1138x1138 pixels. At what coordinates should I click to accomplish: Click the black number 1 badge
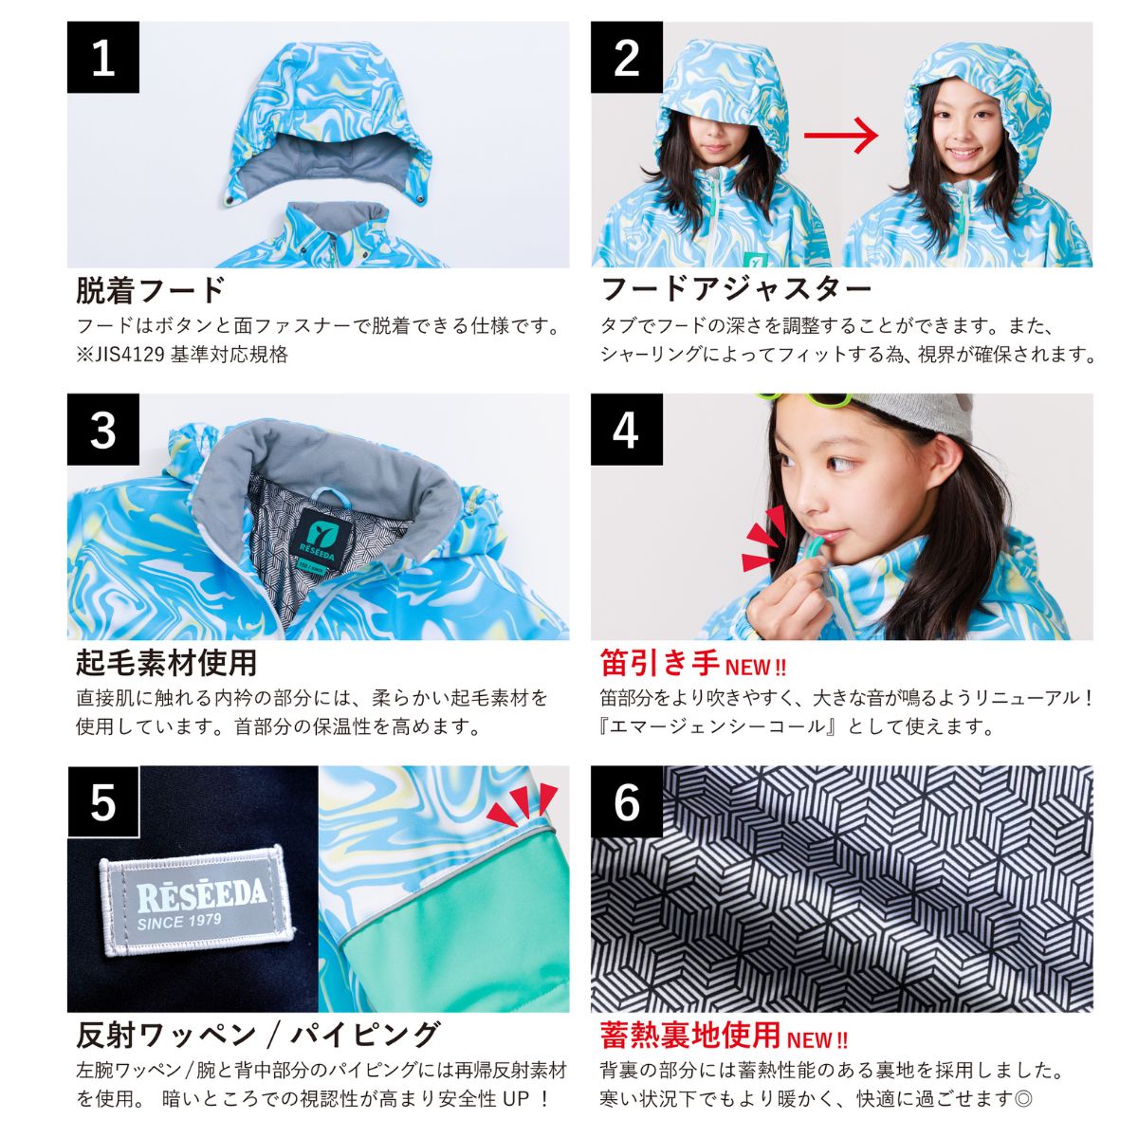(x=102, y=58)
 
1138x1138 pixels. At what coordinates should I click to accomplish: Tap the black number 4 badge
(x=626, y=430)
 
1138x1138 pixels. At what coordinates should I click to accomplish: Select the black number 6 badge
(x=626, y=801)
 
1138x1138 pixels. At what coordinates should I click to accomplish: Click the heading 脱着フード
(x=151, y=288)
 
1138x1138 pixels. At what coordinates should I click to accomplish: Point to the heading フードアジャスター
(x=736, y=288)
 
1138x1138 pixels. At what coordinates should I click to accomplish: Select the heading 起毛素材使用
(x=166, y=661)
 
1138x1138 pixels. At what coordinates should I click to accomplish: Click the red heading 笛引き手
(x=660, y=662)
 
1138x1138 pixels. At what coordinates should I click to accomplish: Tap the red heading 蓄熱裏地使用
(x=690, y=1034)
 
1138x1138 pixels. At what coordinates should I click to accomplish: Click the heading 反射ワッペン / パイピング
(x=257, y=1034)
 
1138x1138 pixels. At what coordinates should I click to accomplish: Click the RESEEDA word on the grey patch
(x=201, y=894)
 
